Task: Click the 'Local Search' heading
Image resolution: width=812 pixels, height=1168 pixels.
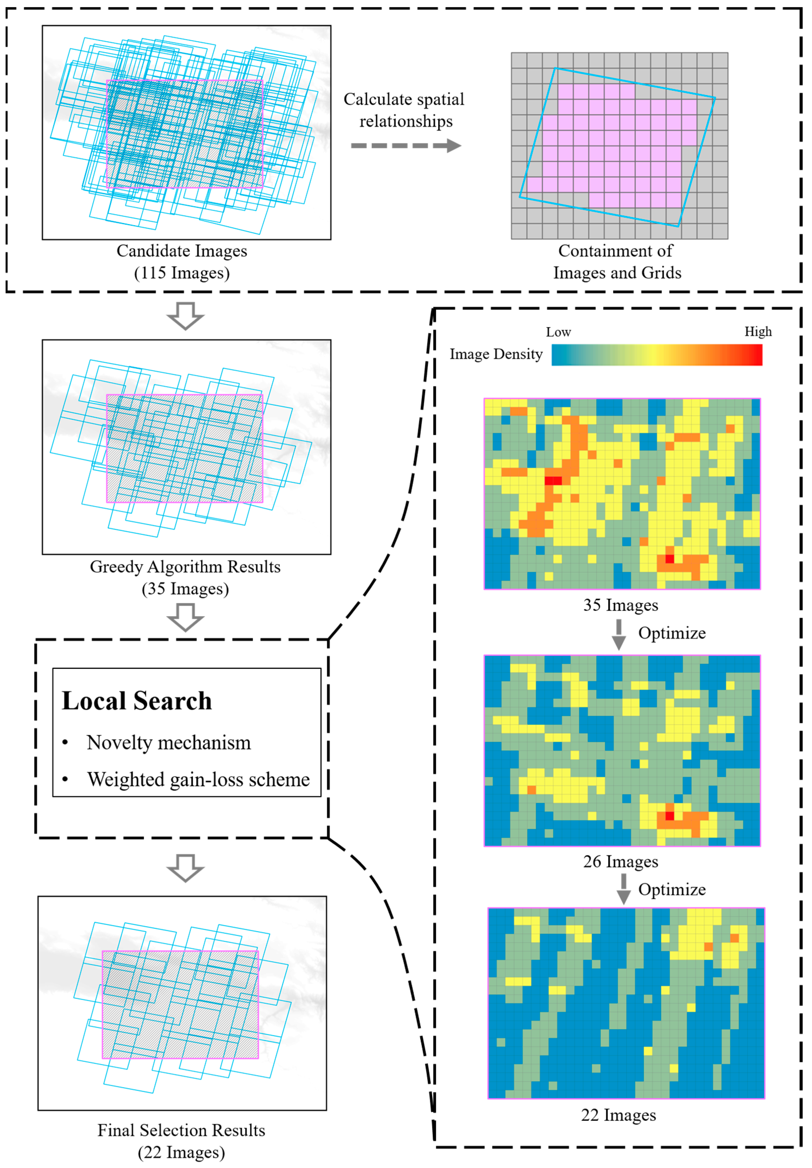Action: click(136, 701)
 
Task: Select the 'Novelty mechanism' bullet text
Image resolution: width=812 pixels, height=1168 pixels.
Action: click(168, 743)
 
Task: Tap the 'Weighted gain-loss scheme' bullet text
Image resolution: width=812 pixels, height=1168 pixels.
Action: click(198, 779)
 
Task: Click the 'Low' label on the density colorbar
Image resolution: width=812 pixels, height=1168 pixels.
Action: click(558, 332)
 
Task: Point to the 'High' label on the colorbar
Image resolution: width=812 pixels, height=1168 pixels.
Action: click(757, 332)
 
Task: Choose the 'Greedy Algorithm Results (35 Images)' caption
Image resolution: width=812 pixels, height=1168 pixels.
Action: click(185, 578)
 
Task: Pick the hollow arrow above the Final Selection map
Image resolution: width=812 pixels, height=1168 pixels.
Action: click(185, 867)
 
